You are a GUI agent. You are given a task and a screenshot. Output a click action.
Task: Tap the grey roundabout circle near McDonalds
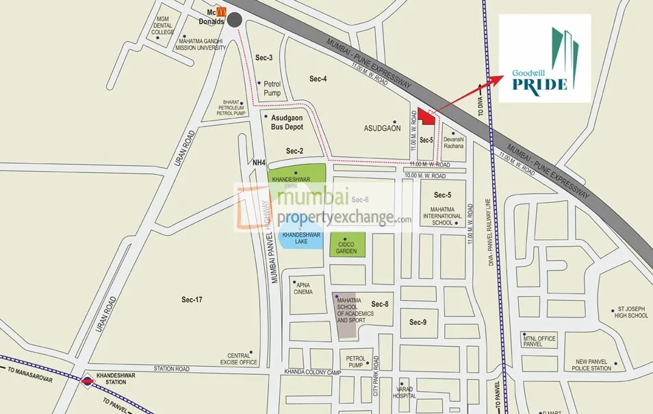coord(235,20)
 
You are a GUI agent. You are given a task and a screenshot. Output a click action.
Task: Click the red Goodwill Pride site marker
coord(428,118)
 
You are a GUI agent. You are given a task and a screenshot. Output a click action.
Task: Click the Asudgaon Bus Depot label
coord(287,123)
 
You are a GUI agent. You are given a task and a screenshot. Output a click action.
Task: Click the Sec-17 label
coord(192,300)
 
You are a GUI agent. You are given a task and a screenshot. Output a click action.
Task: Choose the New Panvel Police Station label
coord(593,365)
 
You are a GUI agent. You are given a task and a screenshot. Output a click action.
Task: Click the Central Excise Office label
coord(238,358)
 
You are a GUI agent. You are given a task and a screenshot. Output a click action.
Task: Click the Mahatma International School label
coord(442,215)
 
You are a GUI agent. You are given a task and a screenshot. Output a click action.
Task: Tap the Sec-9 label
coord(418,321)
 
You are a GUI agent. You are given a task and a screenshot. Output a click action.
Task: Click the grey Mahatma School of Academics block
coord(345,315)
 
